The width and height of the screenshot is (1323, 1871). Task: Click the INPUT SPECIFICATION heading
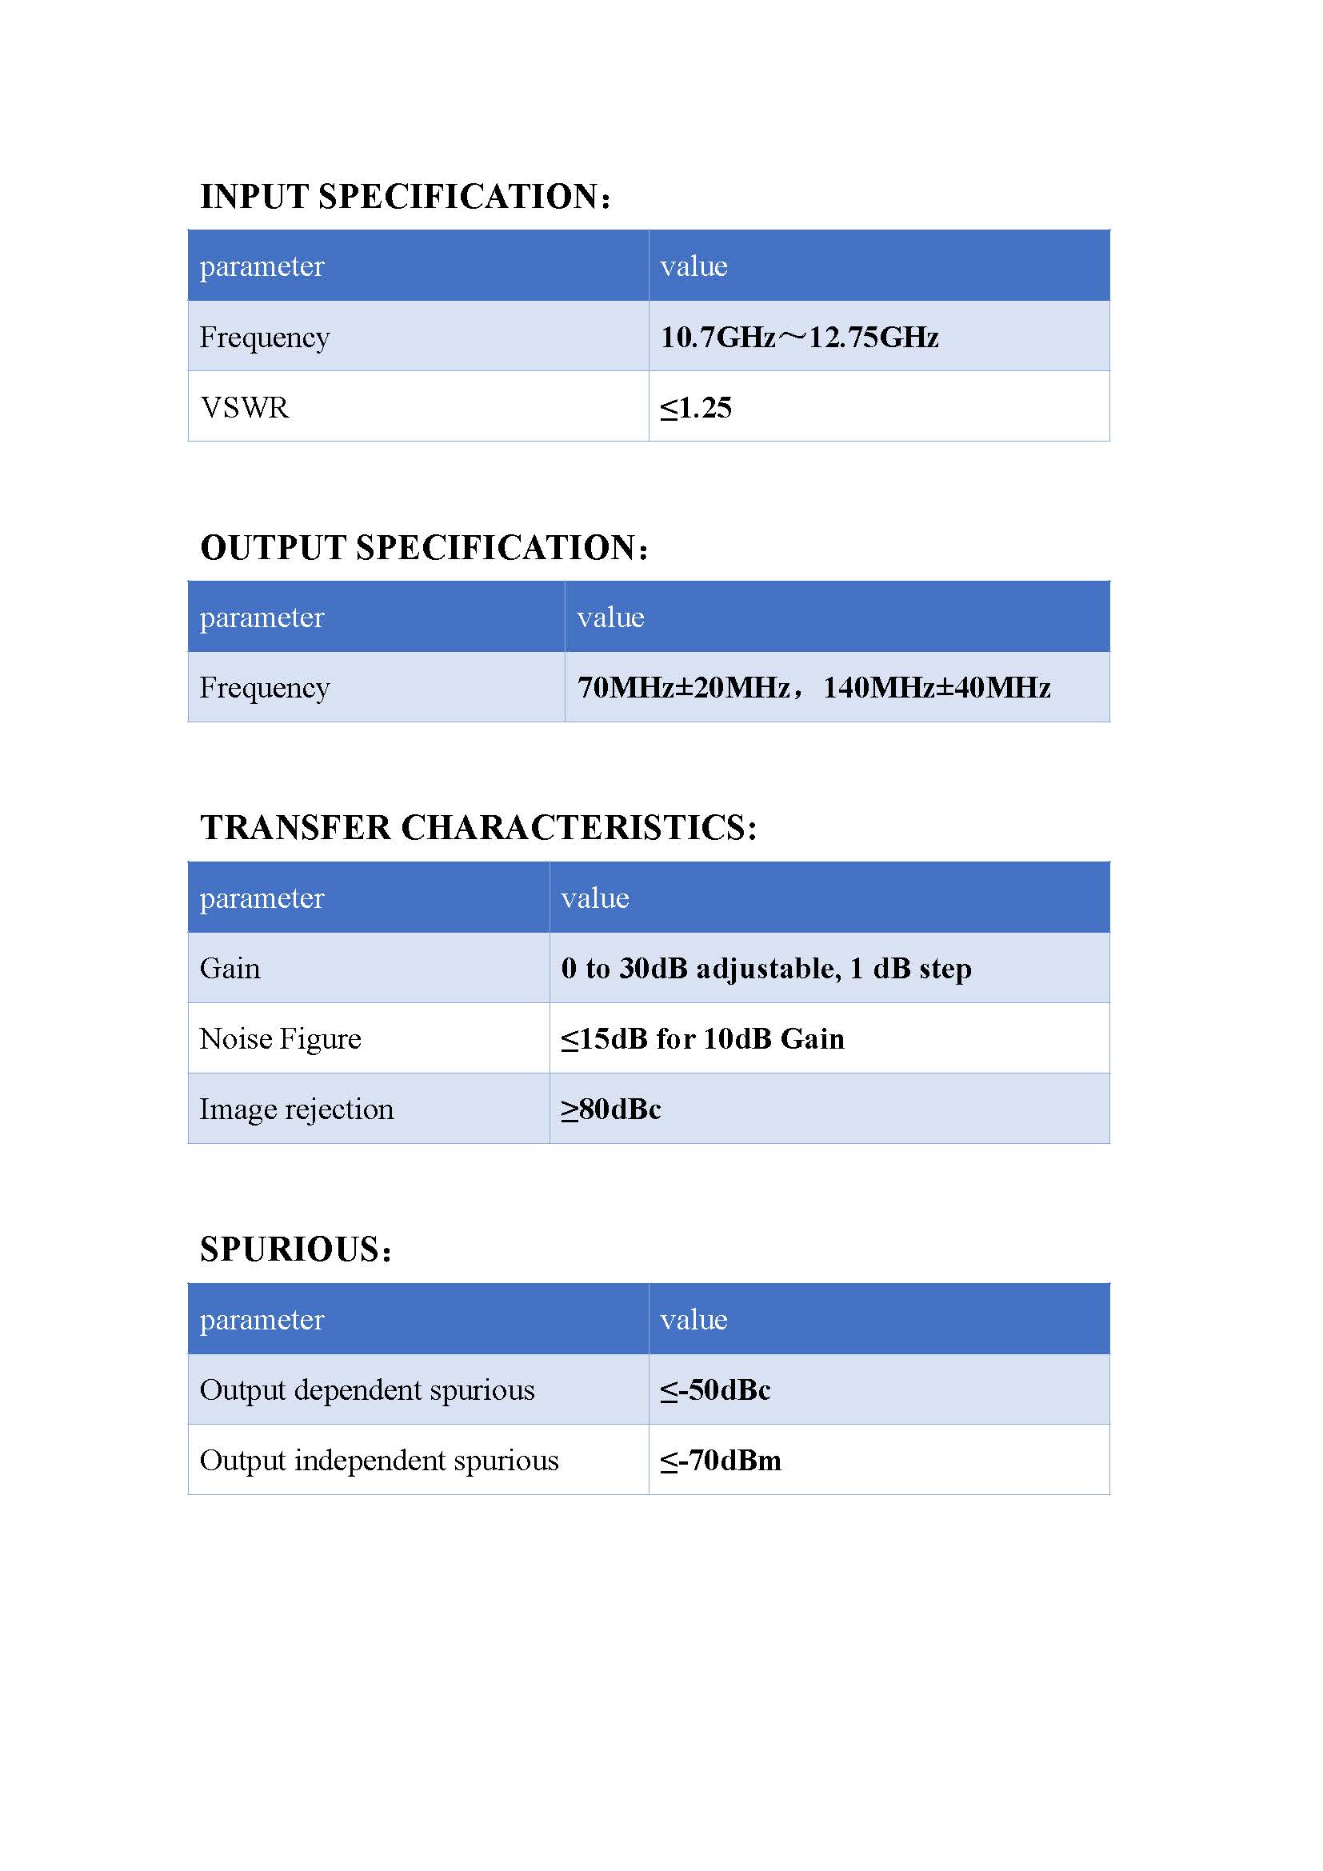click(405, 198)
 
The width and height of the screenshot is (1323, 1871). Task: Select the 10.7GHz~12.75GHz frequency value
click(798, 338)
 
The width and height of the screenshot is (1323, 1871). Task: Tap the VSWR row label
click(245, 407)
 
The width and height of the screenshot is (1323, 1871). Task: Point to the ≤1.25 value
click(696, 407)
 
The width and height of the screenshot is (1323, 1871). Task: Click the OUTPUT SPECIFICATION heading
click(424, 548)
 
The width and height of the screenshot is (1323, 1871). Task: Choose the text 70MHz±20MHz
click(682, 688)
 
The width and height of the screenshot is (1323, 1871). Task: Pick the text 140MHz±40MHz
click(936, 688)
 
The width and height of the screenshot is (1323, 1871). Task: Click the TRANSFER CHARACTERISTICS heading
click(478, 828)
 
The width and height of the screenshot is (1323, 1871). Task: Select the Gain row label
click(230, 969)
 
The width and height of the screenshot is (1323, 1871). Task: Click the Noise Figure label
click(280, 1039)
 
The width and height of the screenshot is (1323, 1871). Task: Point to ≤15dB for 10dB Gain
click(702, 1039)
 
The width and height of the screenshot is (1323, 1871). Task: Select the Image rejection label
click(297, 1109)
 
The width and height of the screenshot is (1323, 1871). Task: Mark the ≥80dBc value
click(611, 1109)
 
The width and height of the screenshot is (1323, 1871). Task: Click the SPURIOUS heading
click(296, 1249)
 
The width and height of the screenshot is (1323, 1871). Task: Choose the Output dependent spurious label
click(366, 1390)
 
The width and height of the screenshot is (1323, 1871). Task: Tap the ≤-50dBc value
click(715, 1390)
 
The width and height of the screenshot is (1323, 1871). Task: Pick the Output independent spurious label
click(379, 1461)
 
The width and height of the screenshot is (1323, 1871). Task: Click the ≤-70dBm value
click(720, 1461)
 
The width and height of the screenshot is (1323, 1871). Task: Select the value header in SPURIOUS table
click(693, 1319)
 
